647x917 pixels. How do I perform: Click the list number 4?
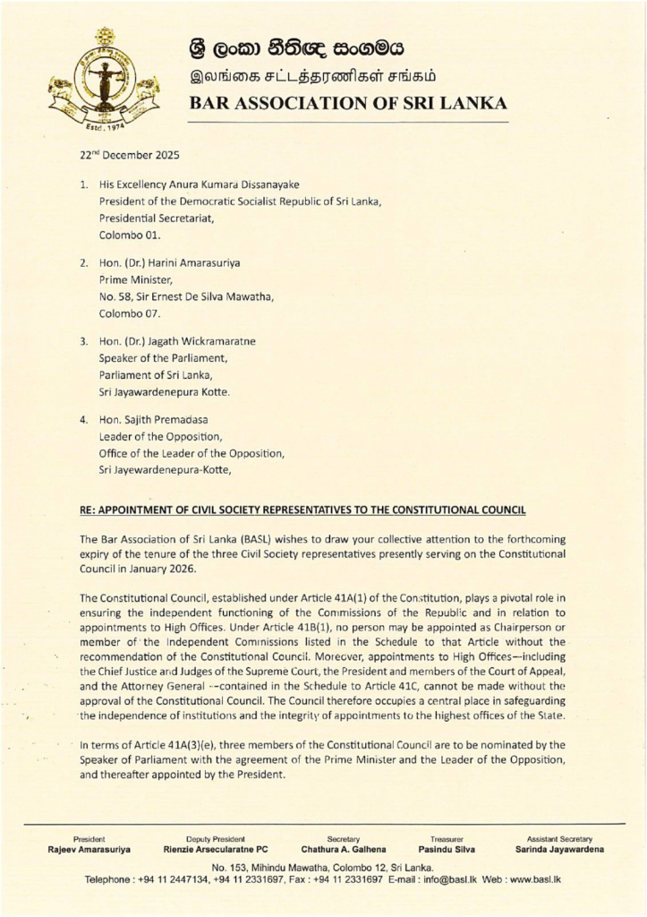tap(82, 419)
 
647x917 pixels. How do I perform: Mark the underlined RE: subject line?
tap(302, 510)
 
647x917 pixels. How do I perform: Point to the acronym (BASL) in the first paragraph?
tap(252, 539)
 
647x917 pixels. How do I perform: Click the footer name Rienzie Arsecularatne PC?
tap(216, 849)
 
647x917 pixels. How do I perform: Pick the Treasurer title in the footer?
tap(446, 838)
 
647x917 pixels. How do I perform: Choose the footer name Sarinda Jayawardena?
tap(559, 849)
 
